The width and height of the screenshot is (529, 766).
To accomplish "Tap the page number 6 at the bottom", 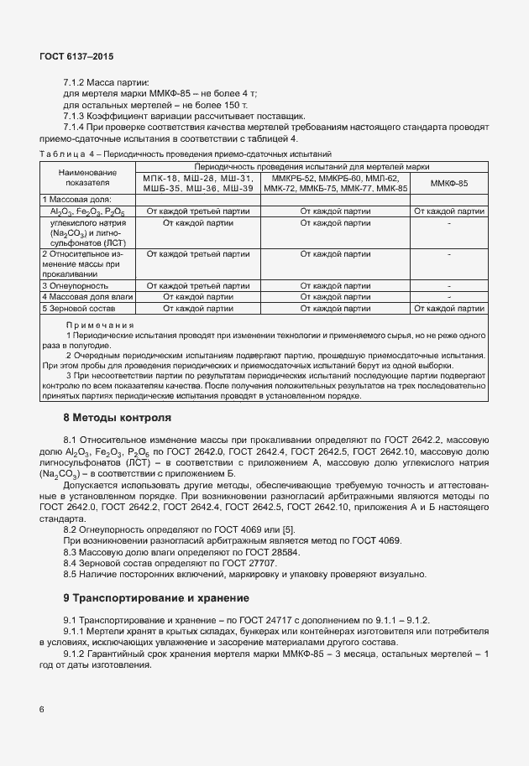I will pos(42,709).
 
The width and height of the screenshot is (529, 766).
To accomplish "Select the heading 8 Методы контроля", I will pos(118,417).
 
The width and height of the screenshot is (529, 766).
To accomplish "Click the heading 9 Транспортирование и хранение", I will pos(155,598).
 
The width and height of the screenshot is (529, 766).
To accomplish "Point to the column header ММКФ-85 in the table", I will pos(448,183).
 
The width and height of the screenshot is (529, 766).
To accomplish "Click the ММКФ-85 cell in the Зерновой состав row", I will pos(448,308).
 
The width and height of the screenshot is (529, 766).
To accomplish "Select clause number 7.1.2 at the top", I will pos(77,82).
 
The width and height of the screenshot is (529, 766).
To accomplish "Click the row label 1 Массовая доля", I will pos(78,200).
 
